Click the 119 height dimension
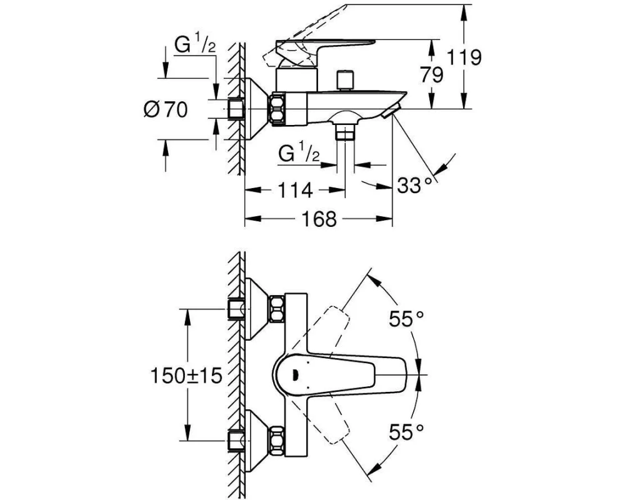point(463,57)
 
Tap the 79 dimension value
point(432,75)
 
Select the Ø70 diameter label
point(165,109)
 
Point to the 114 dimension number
point(294,190)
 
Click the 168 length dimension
point(319,219)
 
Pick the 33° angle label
point(414,185)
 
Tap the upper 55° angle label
point(406,318)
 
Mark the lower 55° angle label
point(406,431)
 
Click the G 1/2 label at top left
point(195,46)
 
